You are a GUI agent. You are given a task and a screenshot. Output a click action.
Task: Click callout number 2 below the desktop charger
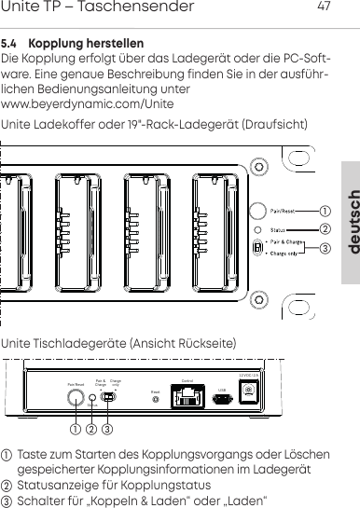[91, 431]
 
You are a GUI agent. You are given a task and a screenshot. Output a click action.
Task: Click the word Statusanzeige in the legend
[56, 486]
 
